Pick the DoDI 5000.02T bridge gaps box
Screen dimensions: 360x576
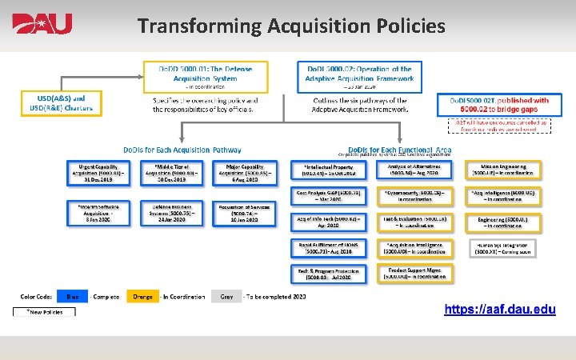[504, 105]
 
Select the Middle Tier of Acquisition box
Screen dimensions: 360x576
[168, 172]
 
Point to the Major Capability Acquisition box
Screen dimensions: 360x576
[241, 172]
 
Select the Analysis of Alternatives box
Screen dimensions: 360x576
[414, 170]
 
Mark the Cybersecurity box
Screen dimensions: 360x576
[414, 196]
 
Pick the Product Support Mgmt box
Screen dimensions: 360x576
[414, 274]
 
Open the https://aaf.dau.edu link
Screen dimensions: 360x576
[501, 307]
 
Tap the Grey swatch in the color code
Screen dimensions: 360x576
[226, 298]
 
